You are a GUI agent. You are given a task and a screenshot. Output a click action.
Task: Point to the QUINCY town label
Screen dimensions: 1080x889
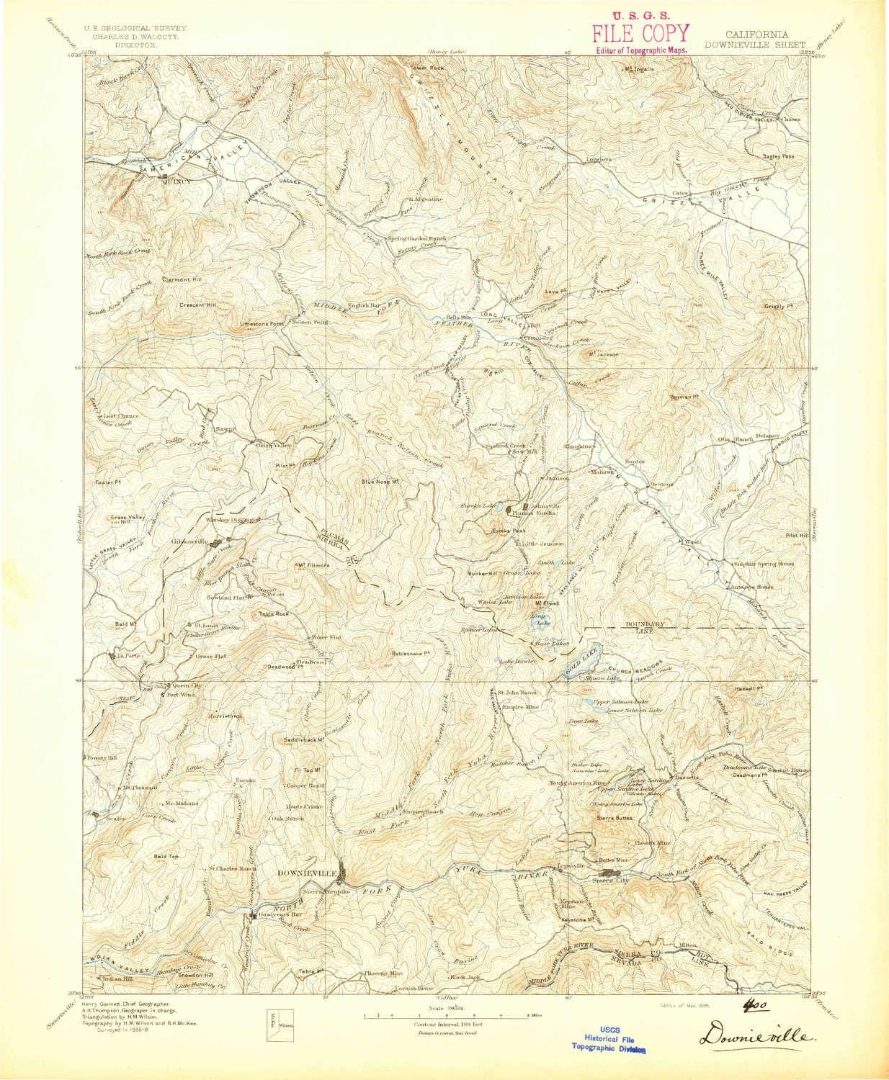tap(177, 181)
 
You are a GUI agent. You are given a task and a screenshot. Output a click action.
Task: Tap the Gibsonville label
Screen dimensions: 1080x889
tap(189, 541)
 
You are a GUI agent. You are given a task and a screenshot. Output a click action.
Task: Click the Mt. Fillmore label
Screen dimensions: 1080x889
tap(313, 565)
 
